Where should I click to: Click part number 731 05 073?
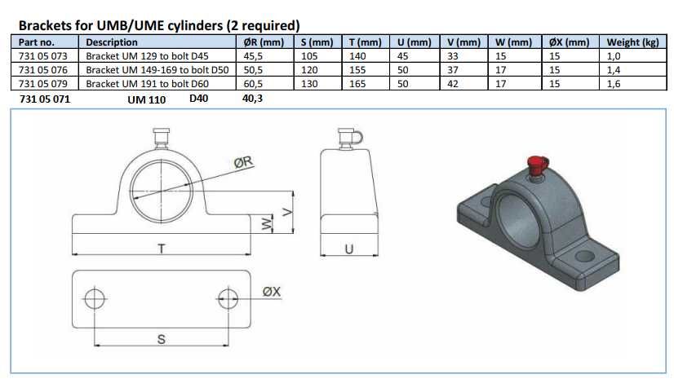[43, 55]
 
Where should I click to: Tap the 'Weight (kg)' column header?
[632, 42]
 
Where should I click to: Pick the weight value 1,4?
[614, 69]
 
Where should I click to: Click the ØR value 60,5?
[253, 83]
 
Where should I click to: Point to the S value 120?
[309, 69]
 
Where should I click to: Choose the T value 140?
[357, 55]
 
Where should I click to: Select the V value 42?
[453, 83]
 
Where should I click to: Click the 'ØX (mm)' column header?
[569, 42]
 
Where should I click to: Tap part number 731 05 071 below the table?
[45, 99]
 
